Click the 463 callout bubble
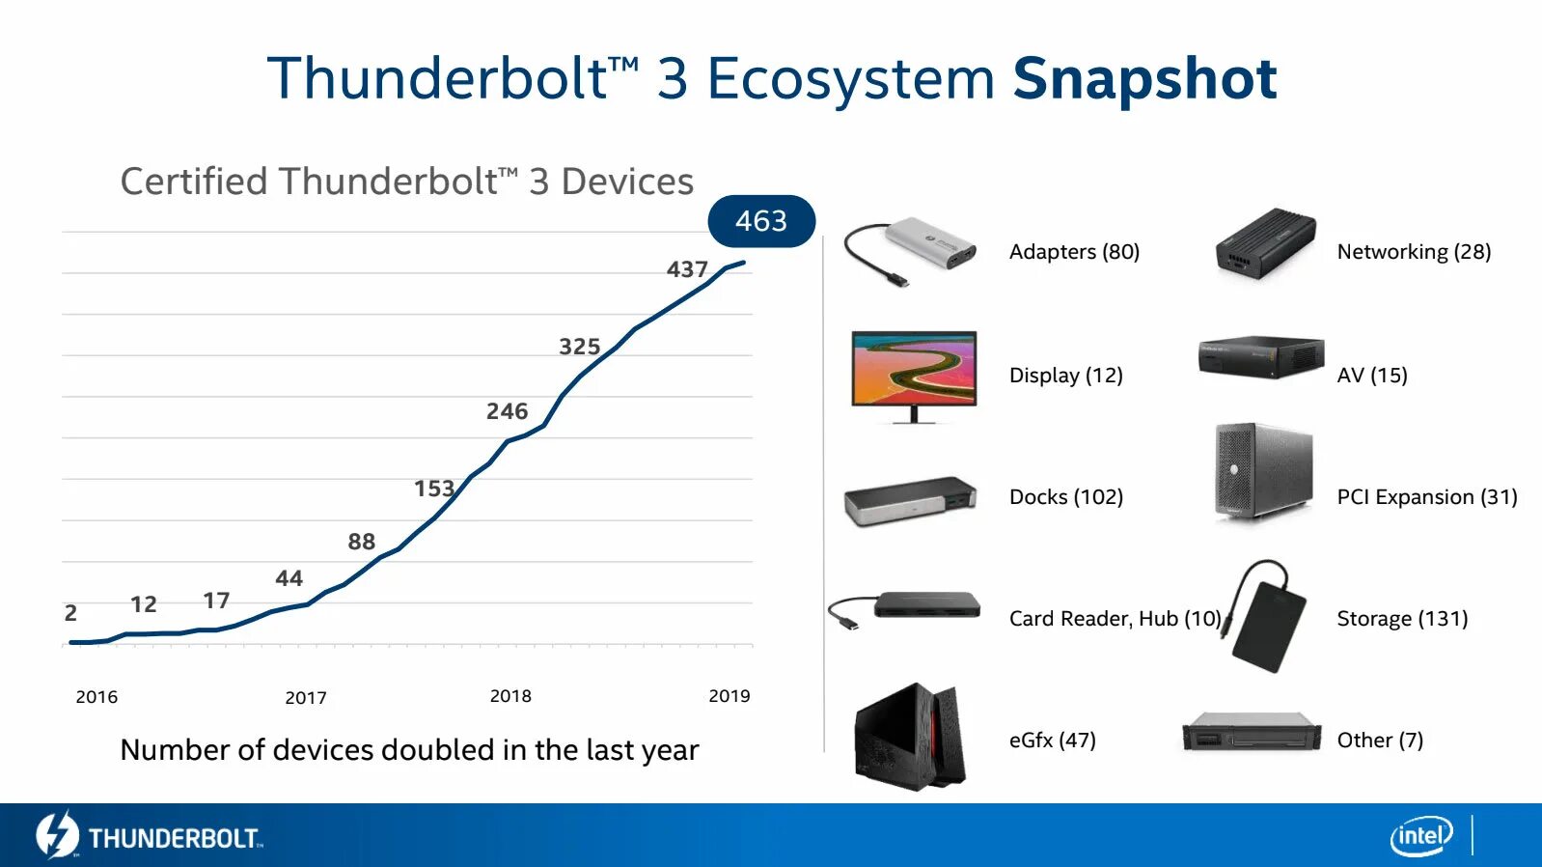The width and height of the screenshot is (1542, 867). (x=761, y=221)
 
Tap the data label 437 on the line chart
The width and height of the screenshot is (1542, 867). (x=687, y=269)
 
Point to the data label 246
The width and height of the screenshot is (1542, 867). (x=507, y=411)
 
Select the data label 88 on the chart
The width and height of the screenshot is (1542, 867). (x=361, y=542)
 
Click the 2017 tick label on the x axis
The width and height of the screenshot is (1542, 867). (x=306, y=697)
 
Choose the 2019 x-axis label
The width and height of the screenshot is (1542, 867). (x=729, y=696)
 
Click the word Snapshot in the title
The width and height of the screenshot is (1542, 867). (x=1144, y=78)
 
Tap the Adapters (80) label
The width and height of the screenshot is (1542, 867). (x=1074, y=252)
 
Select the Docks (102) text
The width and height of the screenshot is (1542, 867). (x=1065, y=497)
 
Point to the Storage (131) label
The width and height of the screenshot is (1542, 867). (x=1402, y=619)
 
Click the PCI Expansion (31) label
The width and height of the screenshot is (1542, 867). (x=1426, y=497)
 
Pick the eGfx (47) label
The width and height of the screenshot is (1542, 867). (x=1052, y=741)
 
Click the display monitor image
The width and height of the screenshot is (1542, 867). (x=914, y=375)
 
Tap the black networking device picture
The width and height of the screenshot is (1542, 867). (x=1265, y=243)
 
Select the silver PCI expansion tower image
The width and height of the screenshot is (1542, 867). (x=1263, y=470)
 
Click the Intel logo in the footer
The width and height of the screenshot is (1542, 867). (x=1420, y=835)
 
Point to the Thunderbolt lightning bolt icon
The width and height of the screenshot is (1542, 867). (x=56, y=834)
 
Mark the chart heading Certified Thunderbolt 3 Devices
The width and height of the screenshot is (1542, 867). (x=406, y=182)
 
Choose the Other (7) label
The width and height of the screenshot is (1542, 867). (x=1379, y=741)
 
